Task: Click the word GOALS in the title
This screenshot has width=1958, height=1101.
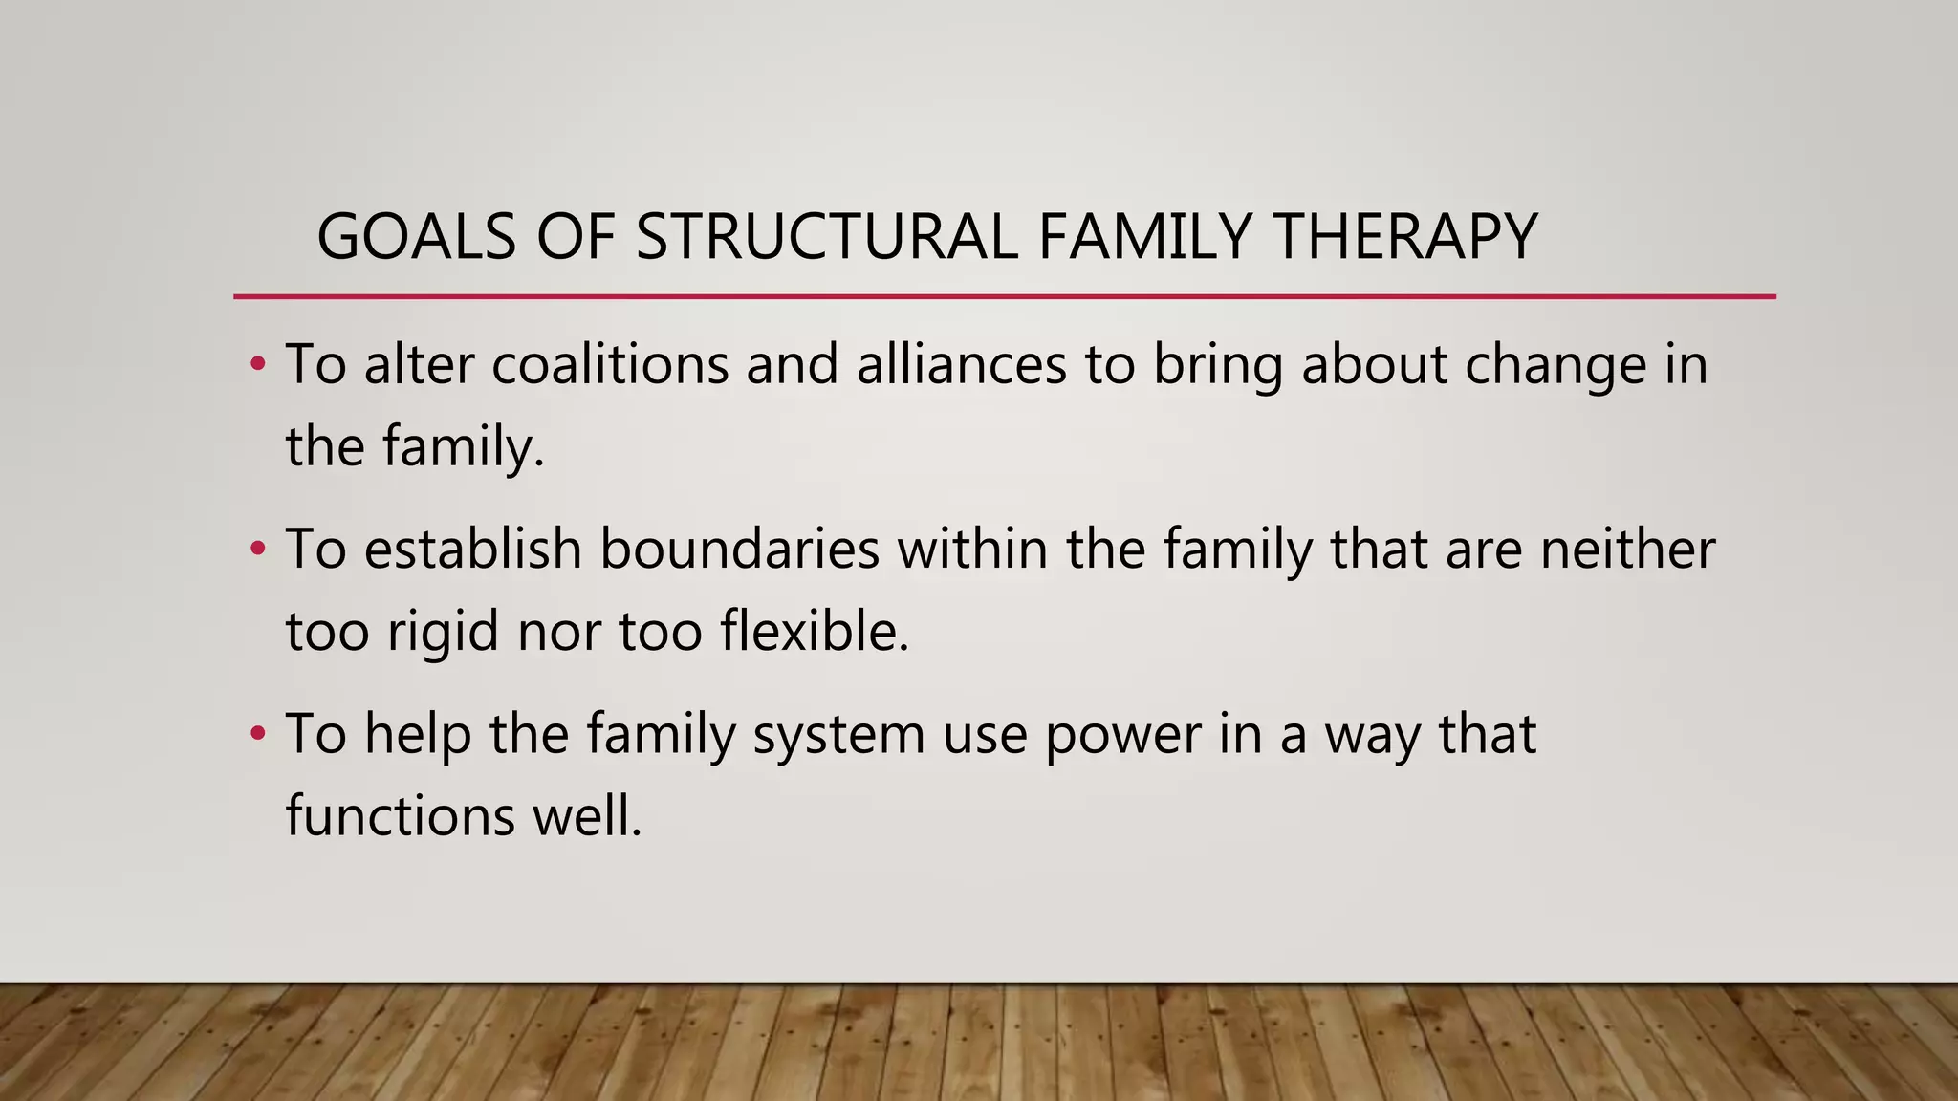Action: pos(416,237)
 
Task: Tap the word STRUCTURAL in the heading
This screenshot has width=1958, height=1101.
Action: pos(826,237)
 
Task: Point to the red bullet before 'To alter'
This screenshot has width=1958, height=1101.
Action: pos(256,365)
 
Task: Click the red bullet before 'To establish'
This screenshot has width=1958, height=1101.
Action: pos(256,550)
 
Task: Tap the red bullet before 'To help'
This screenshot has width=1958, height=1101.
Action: pos(256,735)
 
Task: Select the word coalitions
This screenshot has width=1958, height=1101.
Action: pos(610,364)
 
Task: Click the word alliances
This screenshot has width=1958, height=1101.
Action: pos(961,364)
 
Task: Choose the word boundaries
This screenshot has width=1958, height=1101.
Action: pos(739,549)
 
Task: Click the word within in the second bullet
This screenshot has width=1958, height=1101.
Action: pos(972,549)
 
